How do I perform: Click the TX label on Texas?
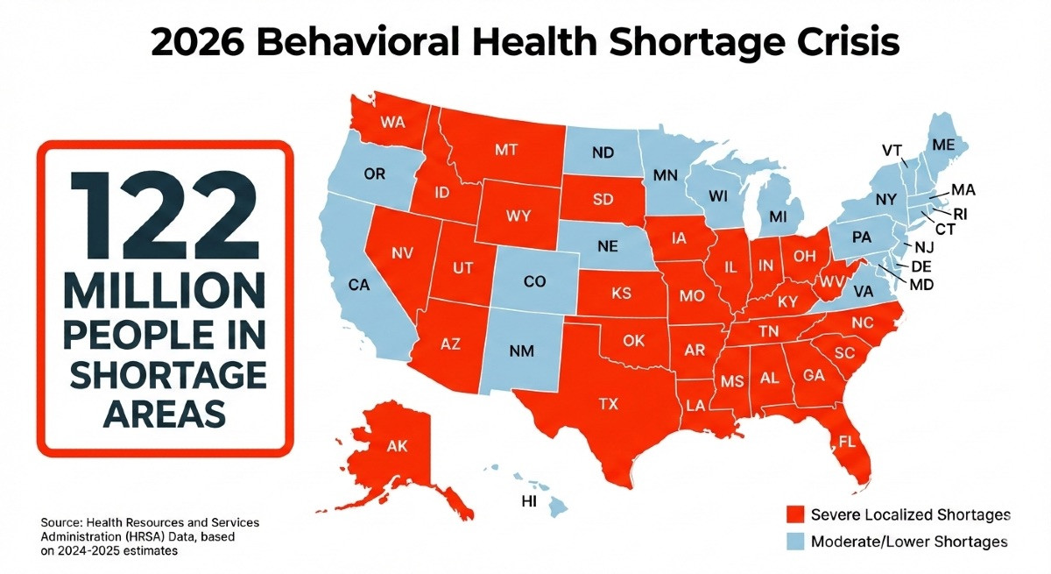[607, 404]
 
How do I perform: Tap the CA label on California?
[360, 285]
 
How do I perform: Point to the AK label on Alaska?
[397, 445]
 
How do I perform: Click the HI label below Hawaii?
[528, 502]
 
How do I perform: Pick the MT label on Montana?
[506, 150]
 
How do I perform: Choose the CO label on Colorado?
[533, 283]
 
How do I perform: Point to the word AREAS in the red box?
[163, 412]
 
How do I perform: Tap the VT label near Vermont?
[892, 150]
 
